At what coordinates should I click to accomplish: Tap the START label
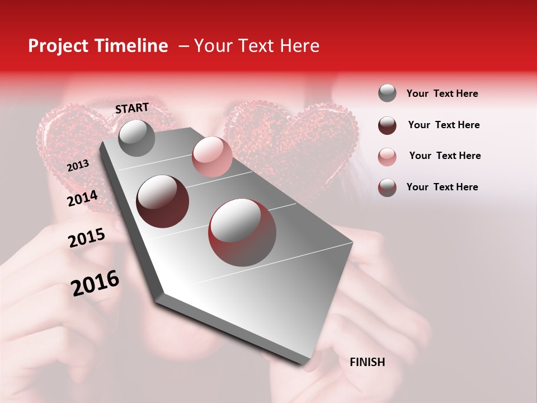[132, 108]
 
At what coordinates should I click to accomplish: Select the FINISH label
[367, 362]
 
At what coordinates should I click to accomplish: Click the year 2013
[78, 166]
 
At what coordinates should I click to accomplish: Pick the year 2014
[82, 199]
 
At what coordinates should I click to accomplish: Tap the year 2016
[95, 283]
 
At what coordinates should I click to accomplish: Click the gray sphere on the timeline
[136, 138]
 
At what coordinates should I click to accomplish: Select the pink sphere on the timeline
[212, 157]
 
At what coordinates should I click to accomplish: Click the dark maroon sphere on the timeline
[163, 201]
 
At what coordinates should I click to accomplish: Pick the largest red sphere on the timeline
[242, 232]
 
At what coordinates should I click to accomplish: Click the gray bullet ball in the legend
[387, 93]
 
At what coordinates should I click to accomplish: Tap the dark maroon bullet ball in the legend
[387, 125]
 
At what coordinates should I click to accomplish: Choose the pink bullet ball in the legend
[387, 156]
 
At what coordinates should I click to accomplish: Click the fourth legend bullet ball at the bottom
[387, 187]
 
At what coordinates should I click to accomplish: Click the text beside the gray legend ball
[442, 93]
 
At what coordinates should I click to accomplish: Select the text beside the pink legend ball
[445, 156]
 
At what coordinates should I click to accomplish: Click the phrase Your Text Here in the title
[257, 46]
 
